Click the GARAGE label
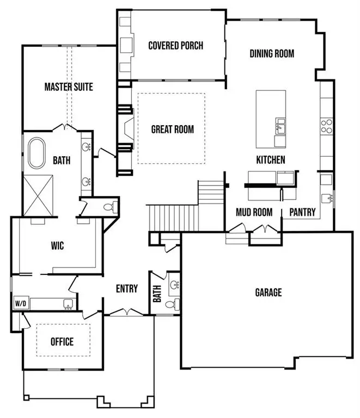(269, 293)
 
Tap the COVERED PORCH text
(175, 45)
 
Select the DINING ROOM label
(272, 53)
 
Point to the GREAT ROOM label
(172, 129)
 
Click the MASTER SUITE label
(68, 87)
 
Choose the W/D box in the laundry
(20, 303)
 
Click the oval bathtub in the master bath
(38, 152)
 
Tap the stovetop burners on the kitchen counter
(326, 126)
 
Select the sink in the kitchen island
(280, 127)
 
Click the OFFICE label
(62, 342)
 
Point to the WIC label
(57, 246)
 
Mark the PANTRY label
(302, 212)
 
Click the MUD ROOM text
(254, 212)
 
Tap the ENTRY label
(127, 288)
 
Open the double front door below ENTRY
(126, 312)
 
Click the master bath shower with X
(37, 194)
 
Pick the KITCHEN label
(271, 159)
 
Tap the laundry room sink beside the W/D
(68, 304)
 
